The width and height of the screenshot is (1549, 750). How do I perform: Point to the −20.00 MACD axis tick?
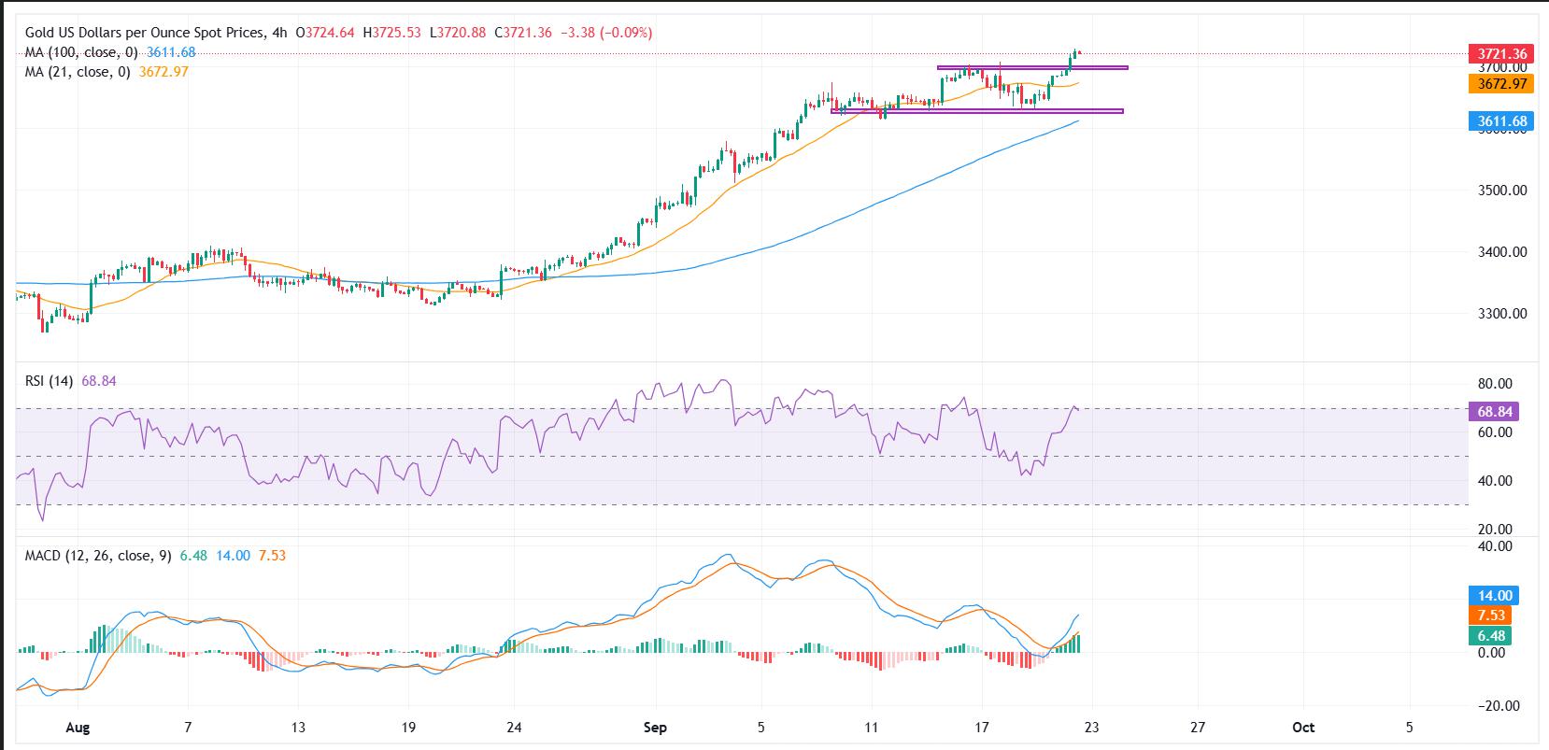pos(1491,706)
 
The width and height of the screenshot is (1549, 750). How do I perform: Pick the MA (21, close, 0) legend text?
pos(80,72)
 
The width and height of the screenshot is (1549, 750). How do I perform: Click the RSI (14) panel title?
pos(50,381)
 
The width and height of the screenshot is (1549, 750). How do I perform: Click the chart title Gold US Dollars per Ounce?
pos(140,33)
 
